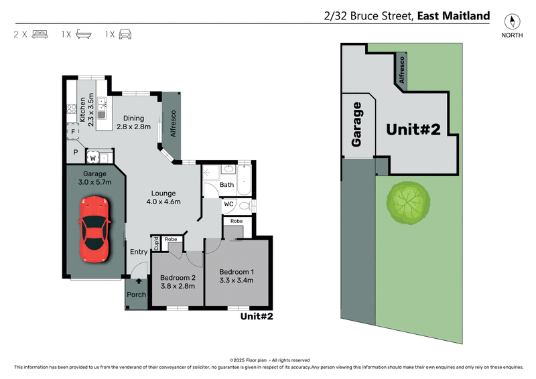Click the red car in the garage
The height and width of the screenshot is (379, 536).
point(94,229)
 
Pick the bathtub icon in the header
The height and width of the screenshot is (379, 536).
point(83,33)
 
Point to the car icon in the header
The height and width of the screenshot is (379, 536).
point(125,33)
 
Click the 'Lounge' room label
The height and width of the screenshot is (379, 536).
point(163,194)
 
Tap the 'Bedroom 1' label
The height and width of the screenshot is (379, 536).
point(237,271)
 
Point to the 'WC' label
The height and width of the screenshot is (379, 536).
point(228,204)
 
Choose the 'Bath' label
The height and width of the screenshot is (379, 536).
point(226,185)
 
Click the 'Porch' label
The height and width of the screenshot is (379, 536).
point(137,295)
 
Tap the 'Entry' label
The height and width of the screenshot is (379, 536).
point(139,252)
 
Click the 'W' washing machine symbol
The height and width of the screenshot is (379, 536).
point(94,158)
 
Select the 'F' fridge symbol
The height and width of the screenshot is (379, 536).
point(72,133)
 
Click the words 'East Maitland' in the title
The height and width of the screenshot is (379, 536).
point(454,15)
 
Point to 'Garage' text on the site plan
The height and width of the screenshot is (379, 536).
point(357,125)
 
